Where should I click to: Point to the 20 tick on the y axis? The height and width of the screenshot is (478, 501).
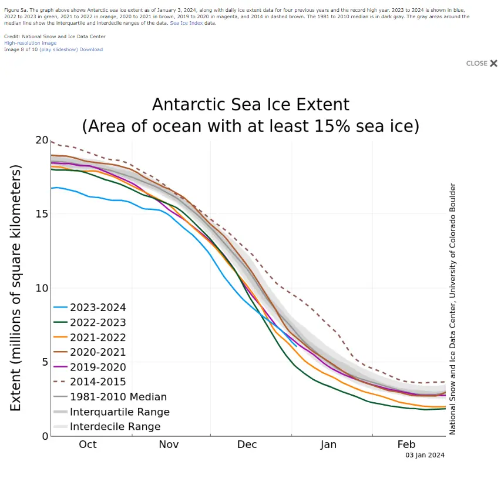(41, 141)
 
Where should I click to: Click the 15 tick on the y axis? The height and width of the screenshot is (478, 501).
(41, 214)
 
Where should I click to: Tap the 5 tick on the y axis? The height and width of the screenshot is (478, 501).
(44, 362)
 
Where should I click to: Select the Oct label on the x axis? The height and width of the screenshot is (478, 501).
(88, 444)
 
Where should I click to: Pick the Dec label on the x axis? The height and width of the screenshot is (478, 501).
(247, 444)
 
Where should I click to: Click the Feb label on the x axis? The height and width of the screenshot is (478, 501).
(408, 444)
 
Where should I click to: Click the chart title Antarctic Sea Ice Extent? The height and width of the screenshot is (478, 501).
(251, 105)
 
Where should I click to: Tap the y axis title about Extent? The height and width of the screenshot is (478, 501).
(16, 288)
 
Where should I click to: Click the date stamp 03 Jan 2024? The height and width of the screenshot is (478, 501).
(425, 455)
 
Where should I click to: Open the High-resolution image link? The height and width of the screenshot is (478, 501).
(30, 43)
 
